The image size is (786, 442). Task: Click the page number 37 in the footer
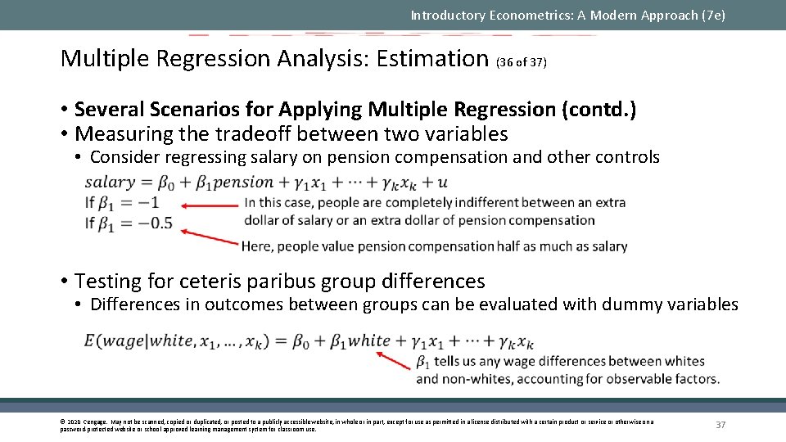(721, 425)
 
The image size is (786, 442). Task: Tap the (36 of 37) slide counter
(522, 62)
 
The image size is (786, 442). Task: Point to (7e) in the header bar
(711, 15)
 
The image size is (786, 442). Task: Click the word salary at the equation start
(110, 183)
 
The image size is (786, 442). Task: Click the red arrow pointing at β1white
(394, 358)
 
